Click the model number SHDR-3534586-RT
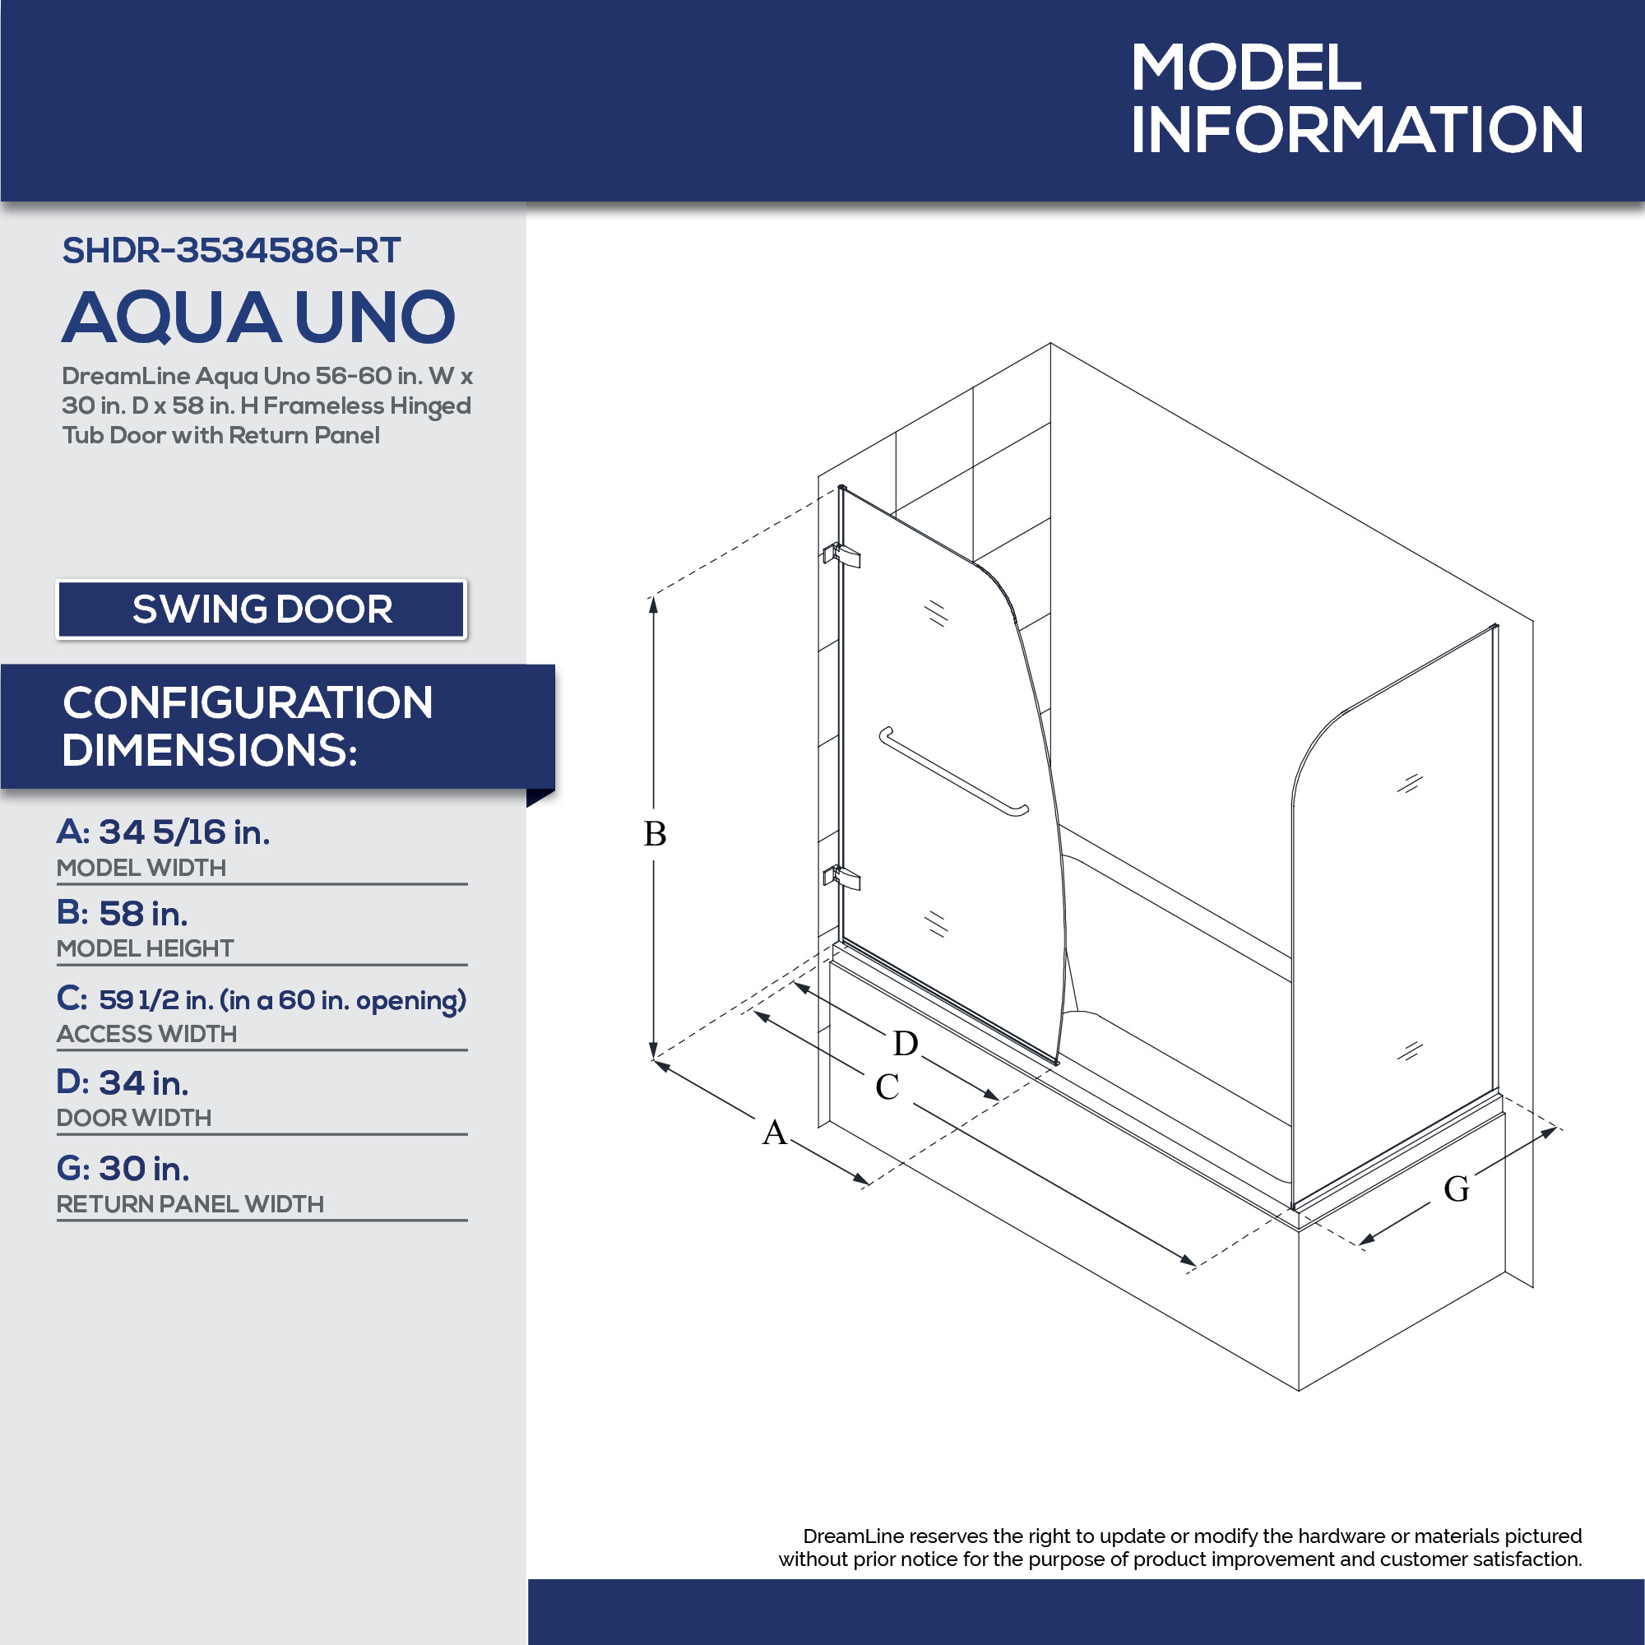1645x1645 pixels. tap(231, 250)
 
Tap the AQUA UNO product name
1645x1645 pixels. tap(259, 317)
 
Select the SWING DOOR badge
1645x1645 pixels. tap(262, 609)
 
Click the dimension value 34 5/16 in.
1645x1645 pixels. tap(185, 832)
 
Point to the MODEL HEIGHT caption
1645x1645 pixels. tap(145, 948)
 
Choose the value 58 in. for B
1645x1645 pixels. tap(143, 914)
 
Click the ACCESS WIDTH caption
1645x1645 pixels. tap(146, 1034)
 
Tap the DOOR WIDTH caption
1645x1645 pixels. tap(134, 1117)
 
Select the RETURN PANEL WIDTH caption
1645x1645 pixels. tap(190, 1203)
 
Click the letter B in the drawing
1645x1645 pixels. tap(655, 833)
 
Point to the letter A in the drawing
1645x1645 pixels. tap(774, 1133)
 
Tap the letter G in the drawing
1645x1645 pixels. tap(1457, 1189)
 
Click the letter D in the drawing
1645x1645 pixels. tap(905, 1043)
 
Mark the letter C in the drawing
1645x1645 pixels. tap(887, 1087)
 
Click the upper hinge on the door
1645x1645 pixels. tap(841, 555)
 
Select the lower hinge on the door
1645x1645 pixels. tap(841, 877)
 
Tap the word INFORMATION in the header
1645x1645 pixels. tap(1356, 129)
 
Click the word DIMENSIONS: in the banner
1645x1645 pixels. tap(210, 750)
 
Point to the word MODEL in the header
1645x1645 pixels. tap(1247, 67)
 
